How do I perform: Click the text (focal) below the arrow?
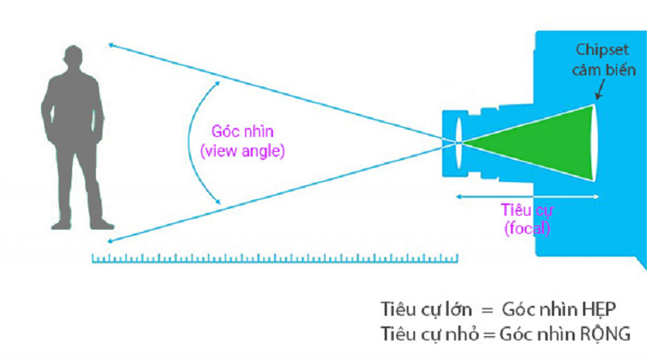pos(526,229)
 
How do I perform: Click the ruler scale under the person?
pos(275,259)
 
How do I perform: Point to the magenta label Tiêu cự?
pos(526,211)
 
